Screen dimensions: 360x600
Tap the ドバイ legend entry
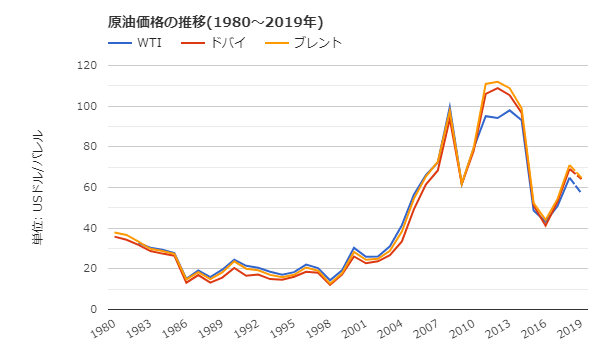click(x=228, y=43)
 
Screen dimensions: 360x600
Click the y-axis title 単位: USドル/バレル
click(x=38, y=188)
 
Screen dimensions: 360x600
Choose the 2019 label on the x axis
click(x=568, y=329)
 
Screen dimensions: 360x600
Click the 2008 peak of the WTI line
click(x=449, y=106)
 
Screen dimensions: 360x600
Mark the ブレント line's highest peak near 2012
click(x=497, y=82)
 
